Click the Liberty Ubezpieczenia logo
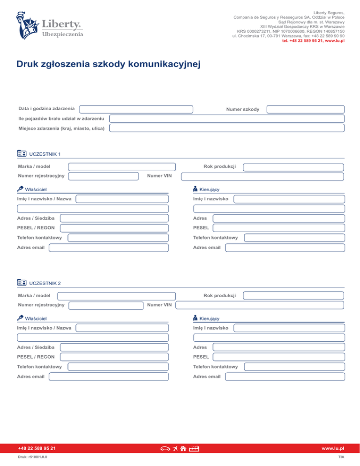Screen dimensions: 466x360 tap(51, 27)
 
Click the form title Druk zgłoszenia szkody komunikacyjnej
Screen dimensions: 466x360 tap(108, 64)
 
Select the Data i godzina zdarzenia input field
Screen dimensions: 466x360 tap(136, 109)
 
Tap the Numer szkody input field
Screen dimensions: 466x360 tap(305, 109)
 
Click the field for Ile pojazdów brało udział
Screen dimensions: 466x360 tap(227, 119)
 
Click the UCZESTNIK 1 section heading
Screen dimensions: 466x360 tap(45, 154)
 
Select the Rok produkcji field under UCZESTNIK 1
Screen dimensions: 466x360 tap(293, 167)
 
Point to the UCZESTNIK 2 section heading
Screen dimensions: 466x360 tap(45, 283)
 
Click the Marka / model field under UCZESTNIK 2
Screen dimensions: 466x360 tap(117, 296)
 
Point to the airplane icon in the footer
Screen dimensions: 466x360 tap(175, 449)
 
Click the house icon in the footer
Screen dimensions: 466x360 tap(184, 449)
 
